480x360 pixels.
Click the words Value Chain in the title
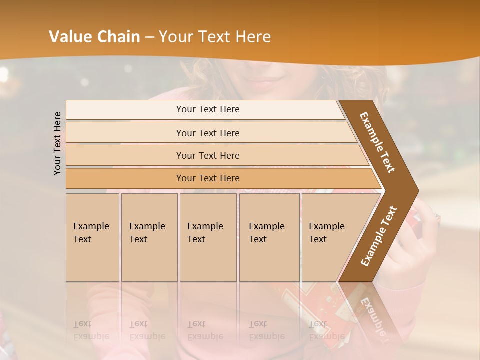pyautogui.click(x=94, y=37)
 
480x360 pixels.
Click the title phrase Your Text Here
pyautogui.click(x=215, y=37)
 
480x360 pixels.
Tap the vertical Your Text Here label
pyautogui.click(x=57, y=143)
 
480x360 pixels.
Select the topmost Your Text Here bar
pyautogui.click(x=207, y=109)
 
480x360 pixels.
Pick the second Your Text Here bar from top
pyautogui.click(x=207, y=133)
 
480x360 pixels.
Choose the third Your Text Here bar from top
pyautogui.click(x=207, y=155)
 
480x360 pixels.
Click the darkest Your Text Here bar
pyautogui.click(x=207, y=178)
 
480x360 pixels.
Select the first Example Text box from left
pyautogui.click(x=92, y=237)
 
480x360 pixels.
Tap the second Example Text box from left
pyautogui.click(x=149, y=237)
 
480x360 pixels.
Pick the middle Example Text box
pyautogui.click(x=208, y=237)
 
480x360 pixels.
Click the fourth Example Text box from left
pyautogui.click(x=269, y=237)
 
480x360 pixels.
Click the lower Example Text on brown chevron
pyautogui.click(x=378, y=236)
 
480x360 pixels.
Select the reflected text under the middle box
pyautogui.click(x=205, y=330)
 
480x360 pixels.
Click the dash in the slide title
pyautogui.click(x=149, y=37)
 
